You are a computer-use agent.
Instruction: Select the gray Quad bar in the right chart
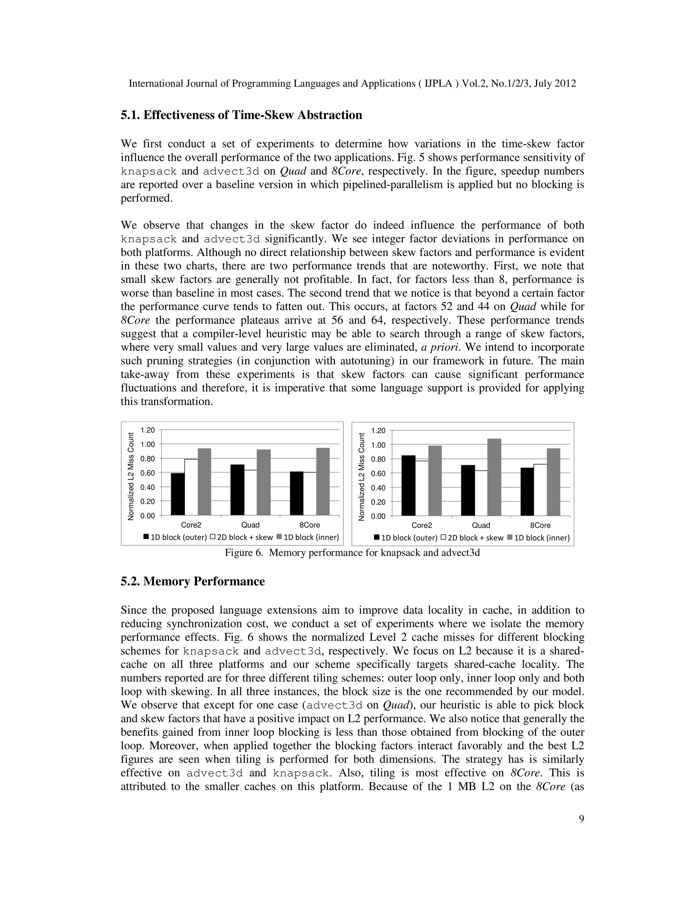494,477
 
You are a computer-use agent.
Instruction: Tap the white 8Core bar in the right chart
540,490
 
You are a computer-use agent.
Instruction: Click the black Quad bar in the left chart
237,490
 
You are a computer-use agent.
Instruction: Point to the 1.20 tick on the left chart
148,430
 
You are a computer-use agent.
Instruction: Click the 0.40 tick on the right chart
378,488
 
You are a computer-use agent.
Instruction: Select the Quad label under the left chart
250,525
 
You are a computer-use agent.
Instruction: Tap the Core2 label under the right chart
422,525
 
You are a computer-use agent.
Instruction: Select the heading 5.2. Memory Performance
193,581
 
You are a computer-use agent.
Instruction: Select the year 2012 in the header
565,83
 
